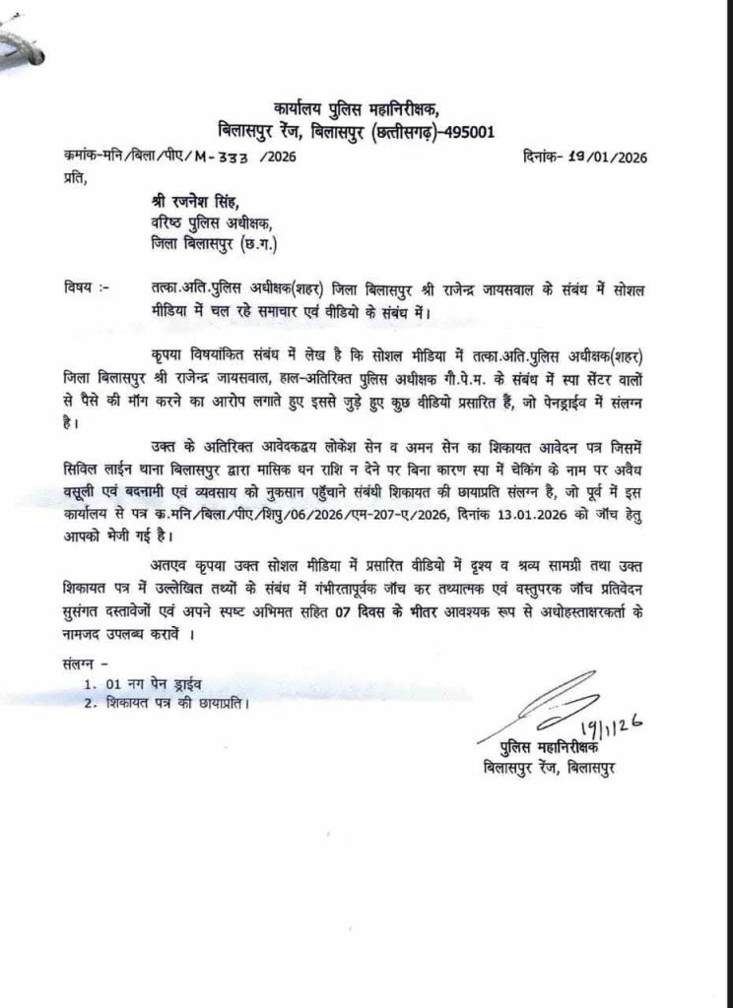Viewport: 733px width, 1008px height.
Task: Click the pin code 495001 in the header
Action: (x=463, y=131)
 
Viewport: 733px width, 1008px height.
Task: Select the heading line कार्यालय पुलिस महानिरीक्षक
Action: (x=359, y=108)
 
